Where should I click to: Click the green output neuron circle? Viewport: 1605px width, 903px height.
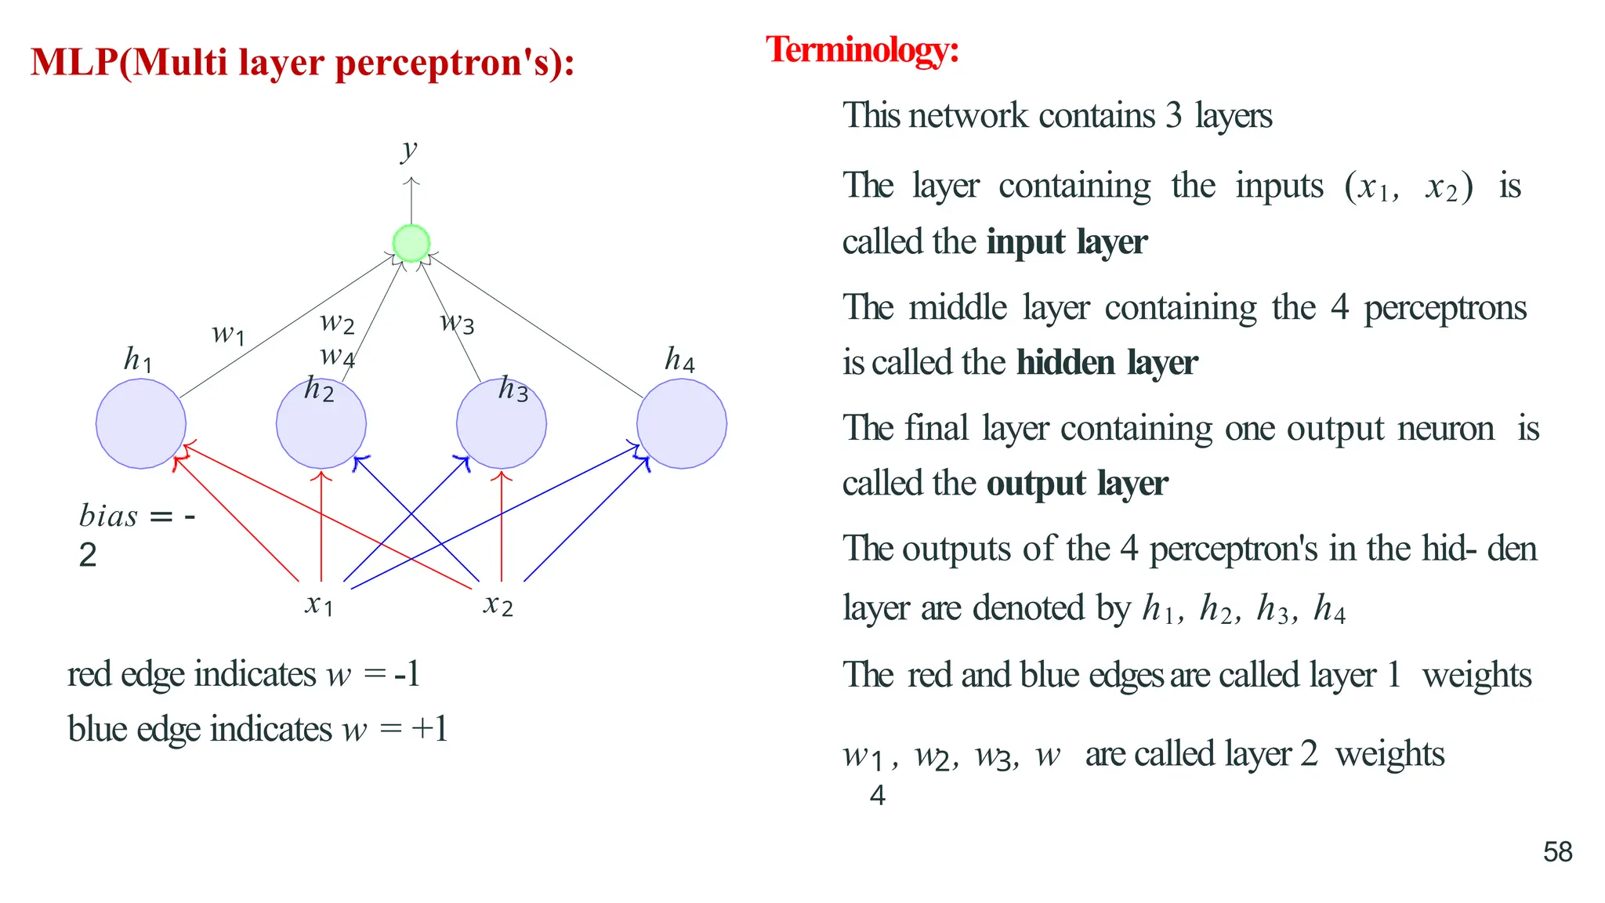(x=411, y=243)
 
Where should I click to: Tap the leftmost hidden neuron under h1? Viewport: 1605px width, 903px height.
(x=141, y=424)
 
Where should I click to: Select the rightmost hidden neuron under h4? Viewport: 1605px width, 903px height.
(x=682, y=424)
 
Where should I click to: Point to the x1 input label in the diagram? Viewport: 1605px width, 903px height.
(x=319, y=604)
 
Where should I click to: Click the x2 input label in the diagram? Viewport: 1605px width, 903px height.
(x=498, y=604)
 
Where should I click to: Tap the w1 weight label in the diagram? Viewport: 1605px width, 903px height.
(x=228, y=334)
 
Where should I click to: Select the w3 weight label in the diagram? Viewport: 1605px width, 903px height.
(x=457, y=321)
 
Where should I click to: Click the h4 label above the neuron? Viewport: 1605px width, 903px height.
(x=679, y=360)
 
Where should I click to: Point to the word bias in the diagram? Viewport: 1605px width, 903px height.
(x=108, y=517)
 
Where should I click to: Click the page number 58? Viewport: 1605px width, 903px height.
(x=1557, y=852)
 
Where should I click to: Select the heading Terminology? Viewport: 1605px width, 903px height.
(x=862, y=50)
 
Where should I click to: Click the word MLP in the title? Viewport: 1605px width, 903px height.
(x=74, y=63)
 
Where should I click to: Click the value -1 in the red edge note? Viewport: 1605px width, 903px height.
(x=407, y=674)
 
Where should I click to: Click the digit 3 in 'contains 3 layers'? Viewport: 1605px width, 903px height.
(x=1173, y=116)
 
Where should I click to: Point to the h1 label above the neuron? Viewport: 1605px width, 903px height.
(x=138, y=360)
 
